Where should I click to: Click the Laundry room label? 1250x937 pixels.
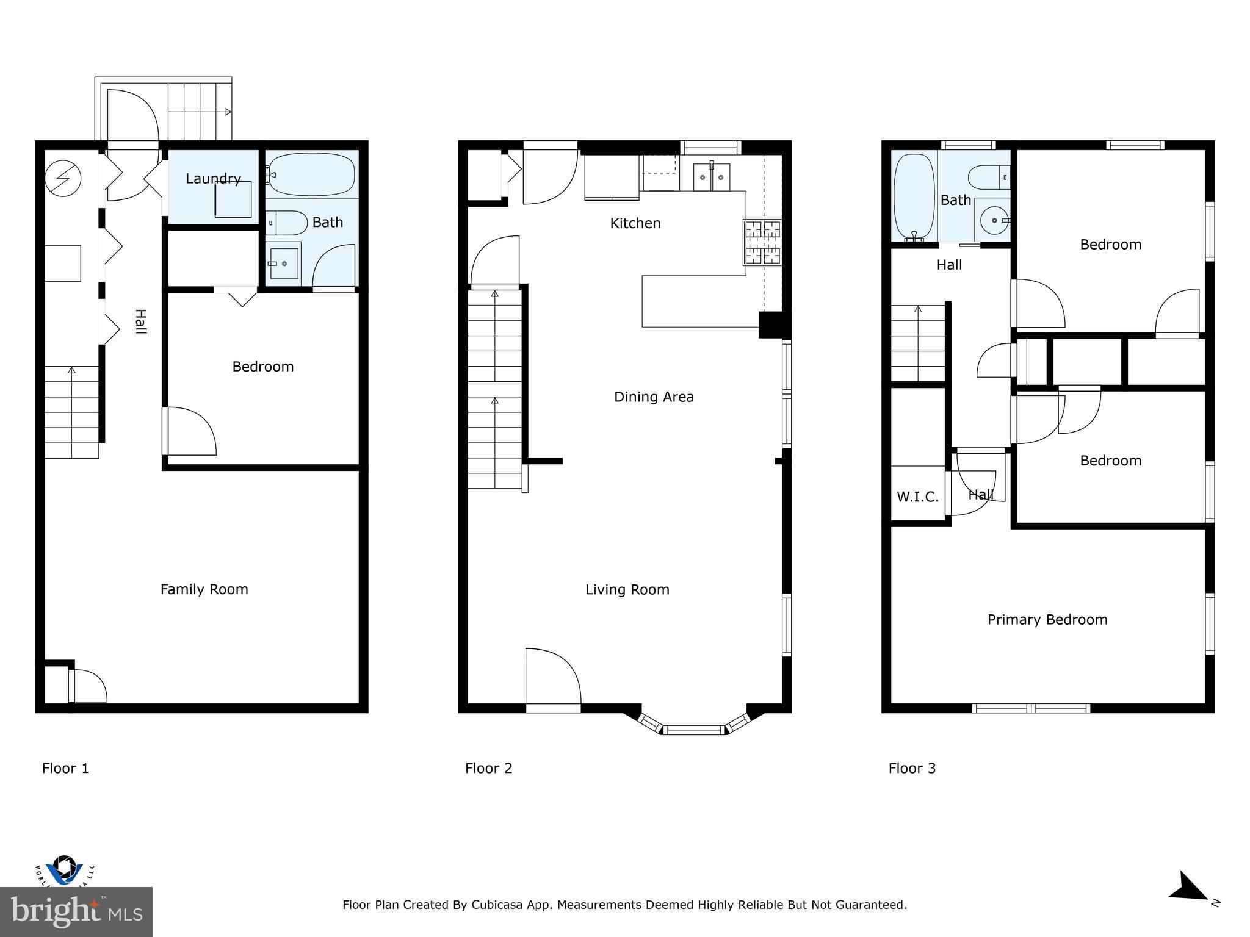[x=213, y=179]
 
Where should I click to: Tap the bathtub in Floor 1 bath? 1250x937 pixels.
[x=312, y=174]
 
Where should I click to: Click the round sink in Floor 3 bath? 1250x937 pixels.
[x=993, y=220]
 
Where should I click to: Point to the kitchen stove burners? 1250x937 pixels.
[x=762, y=242]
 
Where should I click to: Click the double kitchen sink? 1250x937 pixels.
[x=712, y=177]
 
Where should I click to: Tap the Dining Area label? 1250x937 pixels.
[x=654, y=397]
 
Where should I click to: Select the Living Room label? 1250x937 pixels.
[x=627, y=589]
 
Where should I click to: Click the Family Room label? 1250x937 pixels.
[x=204, y=589]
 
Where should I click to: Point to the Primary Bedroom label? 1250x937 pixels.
[x=1047, y=620]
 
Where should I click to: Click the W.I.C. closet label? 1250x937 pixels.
[x=917, y=497]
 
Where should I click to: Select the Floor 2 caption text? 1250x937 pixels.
[x=488, y=768]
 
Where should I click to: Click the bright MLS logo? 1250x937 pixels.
[x=76, y=911]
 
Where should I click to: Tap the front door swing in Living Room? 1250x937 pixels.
[x=552, y=677]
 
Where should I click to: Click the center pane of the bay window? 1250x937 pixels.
[x=694, y=730]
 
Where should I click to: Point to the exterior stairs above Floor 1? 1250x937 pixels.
[x=200, y=112]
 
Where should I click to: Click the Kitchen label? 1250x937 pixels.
[x=635, y=223]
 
